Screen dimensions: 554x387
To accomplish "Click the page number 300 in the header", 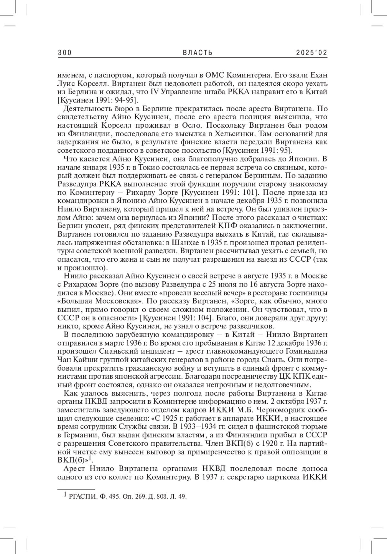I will [x=64, y=53].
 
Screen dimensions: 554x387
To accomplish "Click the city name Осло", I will [x=192, y=125].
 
